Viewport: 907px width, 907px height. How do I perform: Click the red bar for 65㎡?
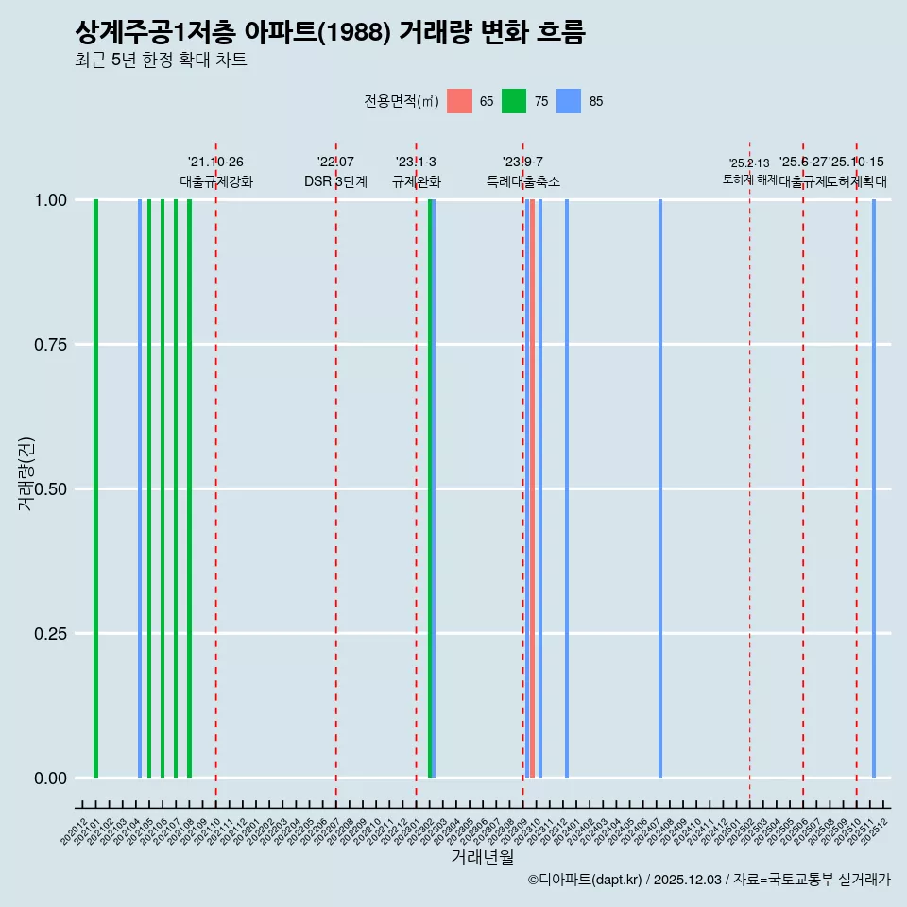click(x=532, y=488)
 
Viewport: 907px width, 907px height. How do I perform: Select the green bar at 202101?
click(x=95, y=488)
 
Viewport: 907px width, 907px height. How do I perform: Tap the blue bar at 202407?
click(x=659, y=488)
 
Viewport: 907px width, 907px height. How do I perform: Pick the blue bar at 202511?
click(x=874, y=488)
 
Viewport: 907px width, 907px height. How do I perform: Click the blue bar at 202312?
click(x=567, y=488)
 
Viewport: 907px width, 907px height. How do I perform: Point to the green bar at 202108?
click(x=189, y=488)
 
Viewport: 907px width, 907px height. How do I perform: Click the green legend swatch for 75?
click(x=514, y=101)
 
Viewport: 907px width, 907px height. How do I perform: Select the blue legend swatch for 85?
click(x=569, y=101)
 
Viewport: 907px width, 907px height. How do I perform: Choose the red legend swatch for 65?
click(x=459, y=101)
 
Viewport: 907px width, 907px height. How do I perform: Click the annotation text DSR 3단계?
click(x=335, y=181)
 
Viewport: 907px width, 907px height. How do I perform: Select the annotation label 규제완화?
click(x=417, y=181)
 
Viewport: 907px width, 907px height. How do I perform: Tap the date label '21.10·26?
click(x=215, y=163)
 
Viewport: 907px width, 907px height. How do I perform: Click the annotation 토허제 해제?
click(x=749, y=180)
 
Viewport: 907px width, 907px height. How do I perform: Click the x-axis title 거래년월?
click(x=482, y=857)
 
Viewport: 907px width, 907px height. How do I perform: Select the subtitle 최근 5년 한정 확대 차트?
click(x=161, y=60)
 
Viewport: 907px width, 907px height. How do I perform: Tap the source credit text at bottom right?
click(x=709, y=881)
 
